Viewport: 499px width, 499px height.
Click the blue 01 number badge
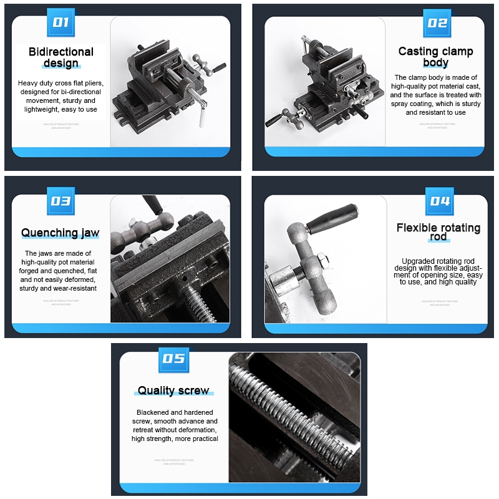click(61, 22)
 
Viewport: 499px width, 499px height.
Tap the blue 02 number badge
click(437, 22)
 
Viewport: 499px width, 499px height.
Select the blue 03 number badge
click(61, 201)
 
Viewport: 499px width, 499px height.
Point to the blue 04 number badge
click(439, 201)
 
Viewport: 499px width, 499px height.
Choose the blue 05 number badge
click(173, 359)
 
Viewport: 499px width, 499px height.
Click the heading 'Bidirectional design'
click(61, 57)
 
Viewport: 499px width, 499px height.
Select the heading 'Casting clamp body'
click(435, 57)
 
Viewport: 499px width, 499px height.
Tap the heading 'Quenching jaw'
click(61, 233)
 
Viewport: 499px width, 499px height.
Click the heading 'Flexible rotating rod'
click(438, 232)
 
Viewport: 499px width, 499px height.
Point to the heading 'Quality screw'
click(173, 390)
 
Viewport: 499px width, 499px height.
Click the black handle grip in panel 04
click(333, 220)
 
